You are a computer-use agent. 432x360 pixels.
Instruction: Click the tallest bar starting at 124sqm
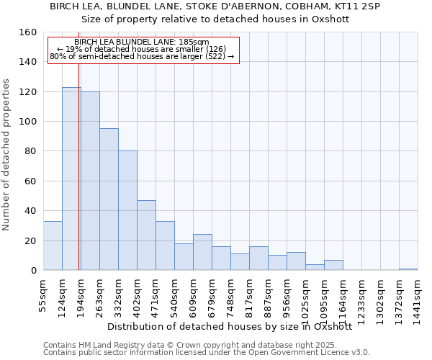[x=71, y=179]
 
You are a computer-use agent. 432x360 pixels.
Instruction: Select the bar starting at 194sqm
[x=90, y=181]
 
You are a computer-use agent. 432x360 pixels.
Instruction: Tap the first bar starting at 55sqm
[x=53, y=246]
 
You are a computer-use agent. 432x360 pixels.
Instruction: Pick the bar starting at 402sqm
[x=146, y=235]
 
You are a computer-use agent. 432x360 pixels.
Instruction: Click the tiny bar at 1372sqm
[x=408, y=269]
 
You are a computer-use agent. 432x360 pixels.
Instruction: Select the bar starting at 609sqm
[x=202, y=252]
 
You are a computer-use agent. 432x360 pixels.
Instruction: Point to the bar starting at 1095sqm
[x=333, y=265]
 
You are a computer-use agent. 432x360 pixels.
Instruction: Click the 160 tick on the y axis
[x=29, y=32]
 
